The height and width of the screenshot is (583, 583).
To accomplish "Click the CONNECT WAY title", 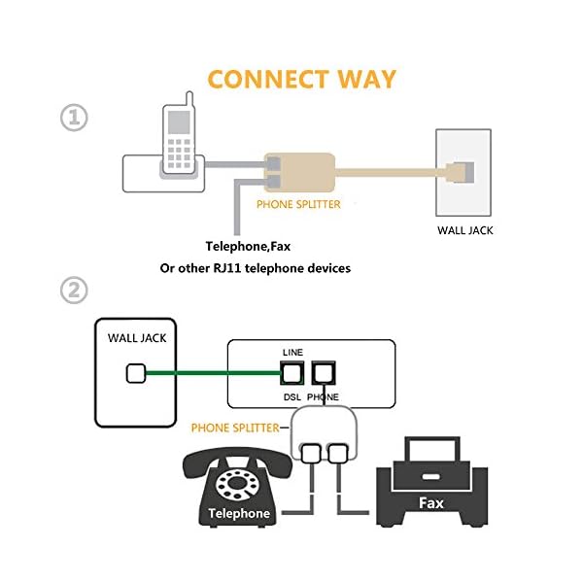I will click(x=302, y=78).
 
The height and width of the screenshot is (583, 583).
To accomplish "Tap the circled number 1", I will click(x=74, y=118).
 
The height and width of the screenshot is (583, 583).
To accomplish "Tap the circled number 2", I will click(x=74, y=290).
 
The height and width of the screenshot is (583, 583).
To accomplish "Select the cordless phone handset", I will click(x=177, y=136).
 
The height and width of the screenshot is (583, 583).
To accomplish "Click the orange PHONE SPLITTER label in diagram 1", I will click(x=299, y=205).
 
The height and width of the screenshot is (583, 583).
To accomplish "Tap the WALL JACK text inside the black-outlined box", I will click(x=135, y=338).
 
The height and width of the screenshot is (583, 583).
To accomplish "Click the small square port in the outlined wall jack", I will click(x=136, y=371).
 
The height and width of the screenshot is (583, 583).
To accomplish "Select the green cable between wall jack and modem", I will click(x=209, y=371).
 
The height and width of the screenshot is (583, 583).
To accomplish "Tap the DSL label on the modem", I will click(x=291, y=396).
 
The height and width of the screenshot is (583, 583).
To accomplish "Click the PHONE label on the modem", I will click(x=323, y=396).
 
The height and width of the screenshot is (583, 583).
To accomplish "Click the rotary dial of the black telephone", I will click(x=236, y=483).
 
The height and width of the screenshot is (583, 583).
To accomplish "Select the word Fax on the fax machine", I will click(x=430, y=504).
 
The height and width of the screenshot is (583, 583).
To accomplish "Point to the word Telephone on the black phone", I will click(x=238, y=512).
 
